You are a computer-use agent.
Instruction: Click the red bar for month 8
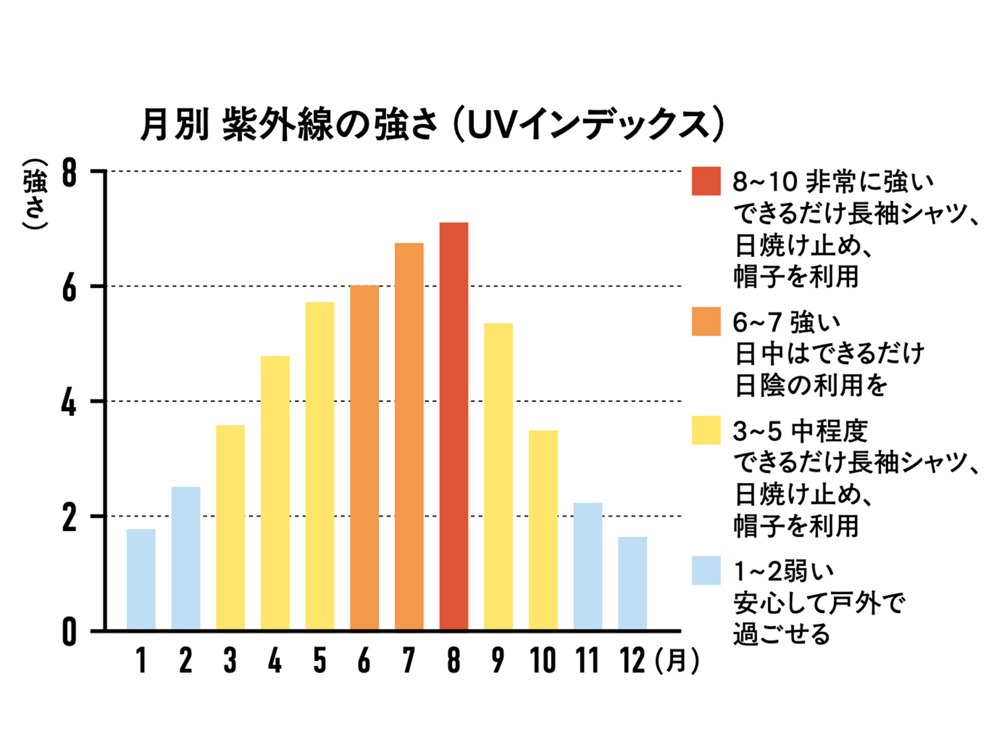[x=454, y=427]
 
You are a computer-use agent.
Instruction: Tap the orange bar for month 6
[x=364, y=458]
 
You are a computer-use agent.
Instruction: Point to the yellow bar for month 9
[x=498, y=477]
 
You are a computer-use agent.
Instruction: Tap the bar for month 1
[x=141, y=580]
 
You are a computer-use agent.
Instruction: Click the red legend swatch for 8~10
[x=706, y=181]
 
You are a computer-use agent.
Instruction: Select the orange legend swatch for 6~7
[x=706, y=321]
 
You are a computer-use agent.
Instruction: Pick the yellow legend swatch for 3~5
[x=706, y=430]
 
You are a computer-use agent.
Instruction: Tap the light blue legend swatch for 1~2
[x=706, y=571]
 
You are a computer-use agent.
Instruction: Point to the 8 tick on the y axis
[x=69, y=172]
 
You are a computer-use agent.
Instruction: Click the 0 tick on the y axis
[x=69, y=632]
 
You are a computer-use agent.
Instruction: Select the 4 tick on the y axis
[x=69, y=402]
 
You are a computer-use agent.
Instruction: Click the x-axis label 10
[x=543, y=660]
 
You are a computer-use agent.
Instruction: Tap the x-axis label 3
[x=230, y=660]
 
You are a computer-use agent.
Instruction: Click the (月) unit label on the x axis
[x=677, y=660]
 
